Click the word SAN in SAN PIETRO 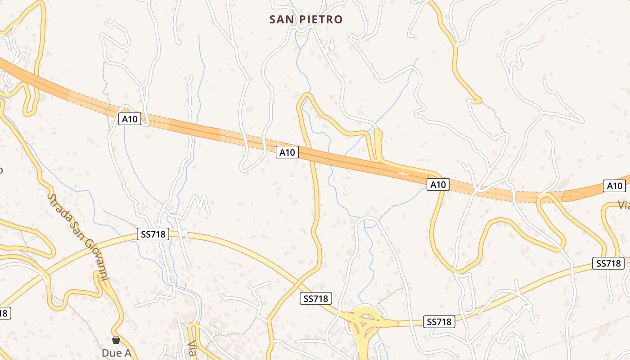coord(279,19)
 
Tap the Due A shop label coord(116,353)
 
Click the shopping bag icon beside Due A coord(116,340)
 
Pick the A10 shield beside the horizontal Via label coord(614,186)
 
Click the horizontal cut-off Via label coord(623,205)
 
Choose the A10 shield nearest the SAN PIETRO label coord(287,153)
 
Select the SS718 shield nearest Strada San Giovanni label coord(153,234)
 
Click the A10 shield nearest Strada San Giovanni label coord(130,119)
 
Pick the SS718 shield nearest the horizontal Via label coord(609,263)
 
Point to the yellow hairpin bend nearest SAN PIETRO coord(305,97)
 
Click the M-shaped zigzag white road coord(198,202)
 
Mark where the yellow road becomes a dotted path coord(480,101)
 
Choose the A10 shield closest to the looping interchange coord(438,184)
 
